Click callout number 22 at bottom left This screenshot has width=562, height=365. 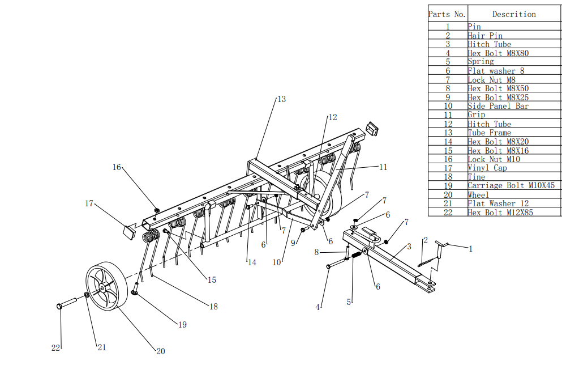[55, 348]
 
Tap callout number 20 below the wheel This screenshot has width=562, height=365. [160, 351]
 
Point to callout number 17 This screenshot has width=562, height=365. [89, 203]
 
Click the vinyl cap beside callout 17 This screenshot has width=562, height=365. [130, 230]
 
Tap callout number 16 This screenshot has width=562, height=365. [117, 167]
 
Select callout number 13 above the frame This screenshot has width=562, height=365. [281, 99]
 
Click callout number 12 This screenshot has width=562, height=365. [332, 117]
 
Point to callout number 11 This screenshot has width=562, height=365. [383, 167]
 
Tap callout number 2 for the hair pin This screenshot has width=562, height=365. [425, 240]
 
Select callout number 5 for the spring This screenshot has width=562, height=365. [349, 302]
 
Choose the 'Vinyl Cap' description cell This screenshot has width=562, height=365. [487, 168]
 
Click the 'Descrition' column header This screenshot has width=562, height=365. [513, 14]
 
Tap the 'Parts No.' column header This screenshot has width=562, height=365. [447, 14]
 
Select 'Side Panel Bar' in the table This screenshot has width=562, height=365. [497, 106]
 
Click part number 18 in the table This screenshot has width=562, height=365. [447, 177]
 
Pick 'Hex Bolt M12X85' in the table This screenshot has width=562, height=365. [500, 212]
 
